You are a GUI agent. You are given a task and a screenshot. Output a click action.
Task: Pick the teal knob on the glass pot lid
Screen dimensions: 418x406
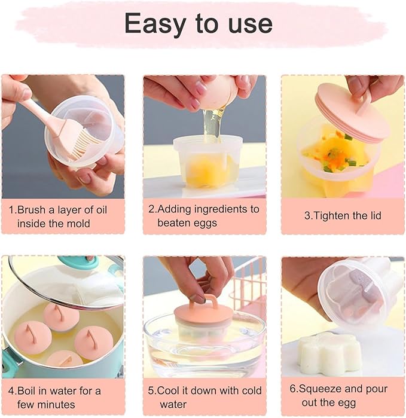pyautogui.click(x=81, y=262)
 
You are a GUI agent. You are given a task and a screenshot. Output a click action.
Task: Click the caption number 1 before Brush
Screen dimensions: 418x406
pyautogui.click(x=11, y=210)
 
